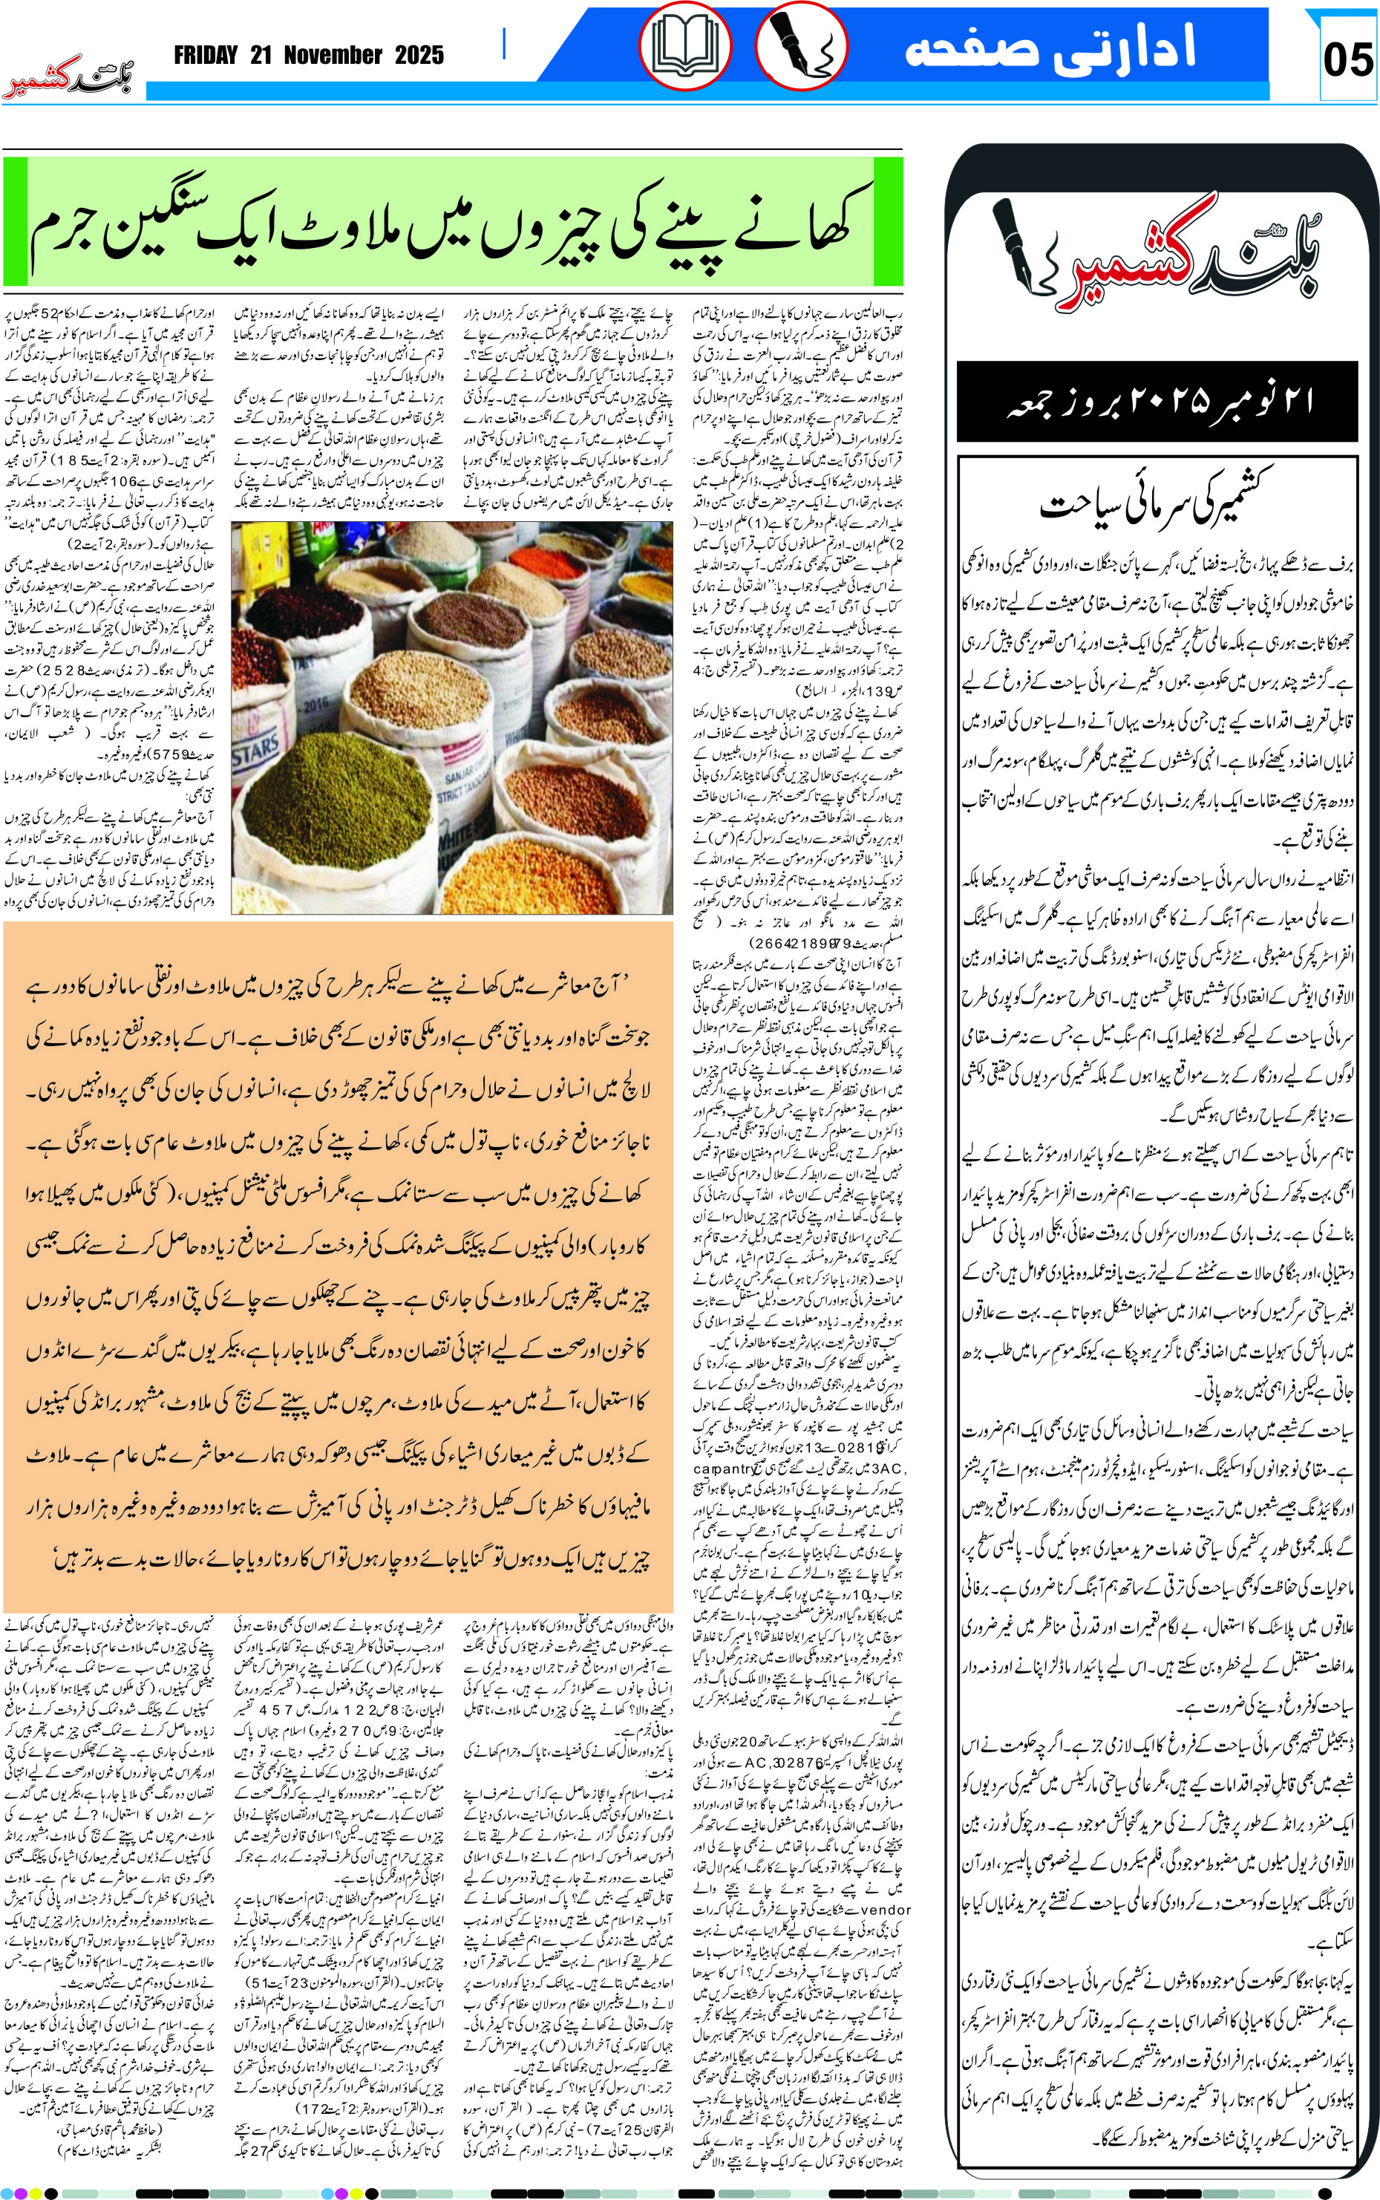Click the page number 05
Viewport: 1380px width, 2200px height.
pos(1347,60)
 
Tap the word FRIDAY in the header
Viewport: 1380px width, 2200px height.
pos(206,56)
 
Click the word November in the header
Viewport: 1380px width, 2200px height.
pos(333,56)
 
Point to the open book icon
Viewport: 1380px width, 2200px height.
pos(684,45)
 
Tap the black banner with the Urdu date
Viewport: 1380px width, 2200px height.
pos(1157,402)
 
